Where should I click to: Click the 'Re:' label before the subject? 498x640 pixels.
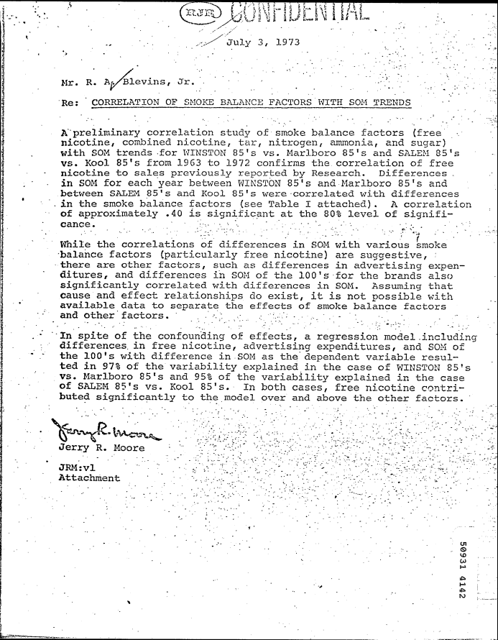pos(70,102)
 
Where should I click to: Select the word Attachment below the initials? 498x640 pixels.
pos(89,477)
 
